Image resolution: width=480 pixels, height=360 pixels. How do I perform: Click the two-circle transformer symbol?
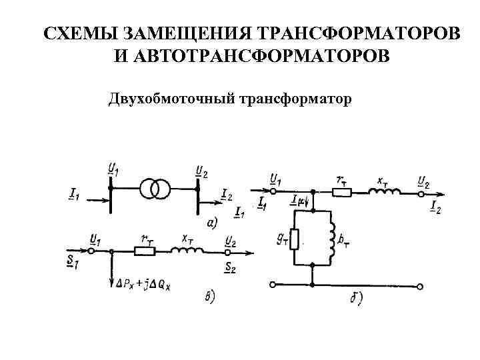click(154, 189)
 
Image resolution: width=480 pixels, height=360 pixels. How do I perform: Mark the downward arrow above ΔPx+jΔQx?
click(112, 269)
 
